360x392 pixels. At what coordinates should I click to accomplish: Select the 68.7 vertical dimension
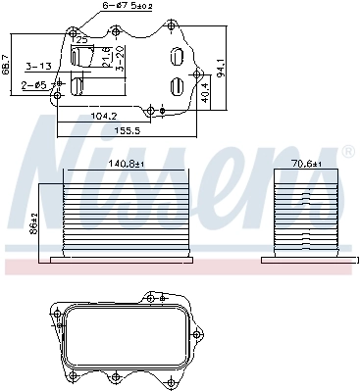[9, 63]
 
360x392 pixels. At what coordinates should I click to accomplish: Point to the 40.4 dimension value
[203, 92]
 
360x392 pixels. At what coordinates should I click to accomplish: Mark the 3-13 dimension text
[39, 67]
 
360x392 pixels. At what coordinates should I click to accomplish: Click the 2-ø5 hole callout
[34, 86]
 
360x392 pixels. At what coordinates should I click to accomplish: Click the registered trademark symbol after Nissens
[348, 153]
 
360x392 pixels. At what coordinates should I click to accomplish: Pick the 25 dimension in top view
[83, 39]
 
